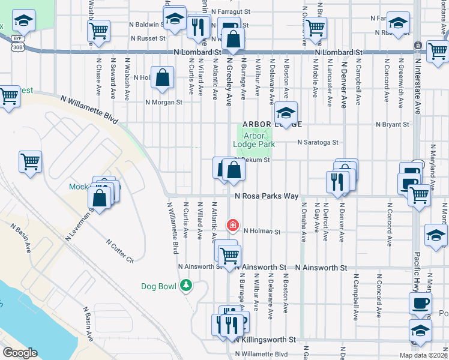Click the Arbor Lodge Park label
pyautogui.click(x=254, y=140)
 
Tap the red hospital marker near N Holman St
pyautogui.click(x=232, y=226)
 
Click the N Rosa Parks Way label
pyautogui.click(x=267, y=196)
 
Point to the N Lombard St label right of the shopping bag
pyautogui.click(x=340, y=53)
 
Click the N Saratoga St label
pyautogui.click(x=319, y=142)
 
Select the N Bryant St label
pyautogui.click(x=392, y=124)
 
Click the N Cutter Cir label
pyautogui.click(x=120, y=251)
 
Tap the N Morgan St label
pyautogui.click(x=164, y=102)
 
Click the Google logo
pyautogui.click(x=20, y=353)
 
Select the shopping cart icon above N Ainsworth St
pyautogui.click(x=229, y=256)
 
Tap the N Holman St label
pyautogui.click(x=262, y=231)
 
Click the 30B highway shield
pyautogui.click(x=18, y=47)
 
